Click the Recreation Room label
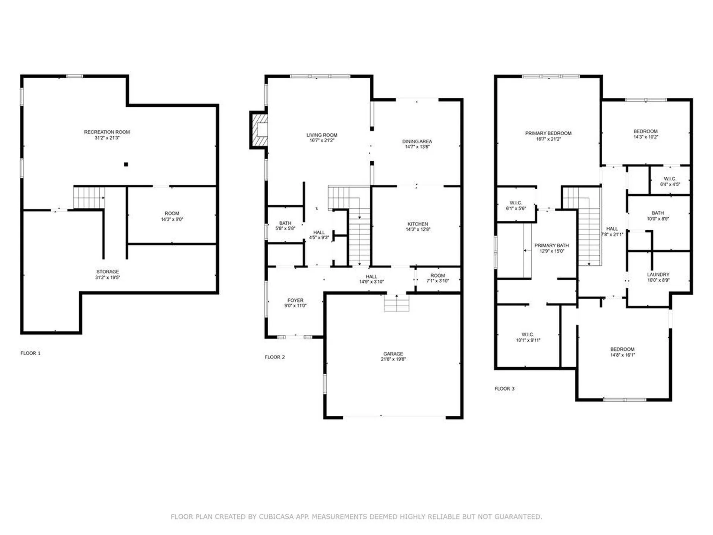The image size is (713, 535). coord(107,132)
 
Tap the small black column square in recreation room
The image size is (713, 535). coord(126,164)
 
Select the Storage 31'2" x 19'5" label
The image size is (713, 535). coord(107,275)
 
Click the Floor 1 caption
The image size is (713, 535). coord(30,353)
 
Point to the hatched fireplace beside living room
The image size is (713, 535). coord(259,130)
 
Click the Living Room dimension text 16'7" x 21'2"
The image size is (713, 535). coord(322,140)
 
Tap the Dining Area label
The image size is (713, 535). coord(417,141)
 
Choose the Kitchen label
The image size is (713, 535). coord(417,224)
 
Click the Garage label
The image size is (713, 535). coord(393,354)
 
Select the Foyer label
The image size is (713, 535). coord(295,300)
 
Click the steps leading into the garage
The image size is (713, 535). coord(396,303)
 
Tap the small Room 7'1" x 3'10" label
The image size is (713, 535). coord(437,278)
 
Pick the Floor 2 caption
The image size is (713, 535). coord(274,357)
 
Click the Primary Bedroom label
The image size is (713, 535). coord(548,133)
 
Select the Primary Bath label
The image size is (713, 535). coord(551,245)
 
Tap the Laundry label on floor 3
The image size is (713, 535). coord(658,275)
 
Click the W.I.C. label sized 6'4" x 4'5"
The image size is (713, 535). coord(670,181)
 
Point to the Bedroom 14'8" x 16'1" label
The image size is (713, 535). coord(622,352)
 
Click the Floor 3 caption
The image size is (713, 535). coord(504,389)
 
